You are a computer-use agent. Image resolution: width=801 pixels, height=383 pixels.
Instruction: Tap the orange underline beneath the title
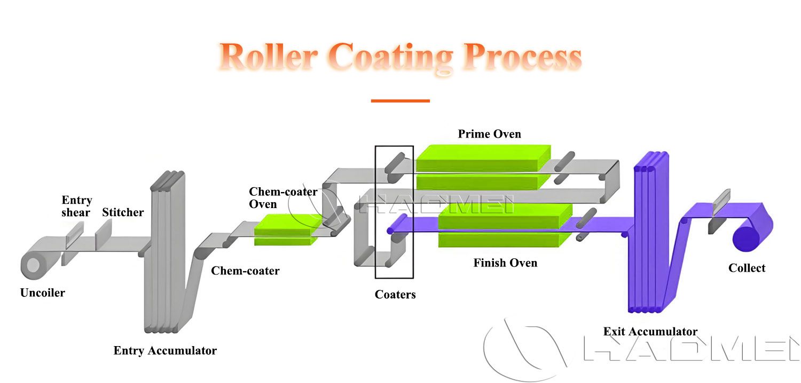click(400, 101)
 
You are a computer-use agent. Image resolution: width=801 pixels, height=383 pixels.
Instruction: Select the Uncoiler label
click(43, 293)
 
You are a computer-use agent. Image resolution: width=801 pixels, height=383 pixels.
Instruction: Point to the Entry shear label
click(76, 206)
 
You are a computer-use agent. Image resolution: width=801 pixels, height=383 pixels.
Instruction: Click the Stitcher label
click(123, 212)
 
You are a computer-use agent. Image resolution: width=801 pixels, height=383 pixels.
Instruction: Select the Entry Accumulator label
click(165, 351)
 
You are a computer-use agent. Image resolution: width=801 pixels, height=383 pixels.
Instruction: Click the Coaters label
click(395, 294)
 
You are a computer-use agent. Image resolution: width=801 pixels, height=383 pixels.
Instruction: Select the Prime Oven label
click(489, 134)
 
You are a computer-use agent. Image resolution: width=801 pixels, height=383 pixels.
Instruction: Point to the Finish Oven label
click(505, 263)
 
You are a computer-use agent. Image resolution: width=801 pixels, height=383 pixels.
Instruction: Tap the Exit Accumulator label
click(650, 332)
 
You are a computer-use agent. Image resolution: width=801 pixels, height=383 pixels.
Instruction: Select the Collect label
click(747, 268)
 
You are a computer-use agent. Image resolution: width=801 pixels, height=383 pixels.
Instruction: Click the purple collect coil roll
click(747, 239)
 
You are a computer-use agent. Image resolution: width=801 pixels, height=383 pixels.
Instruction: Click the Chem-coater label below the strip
click(245, 271)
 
